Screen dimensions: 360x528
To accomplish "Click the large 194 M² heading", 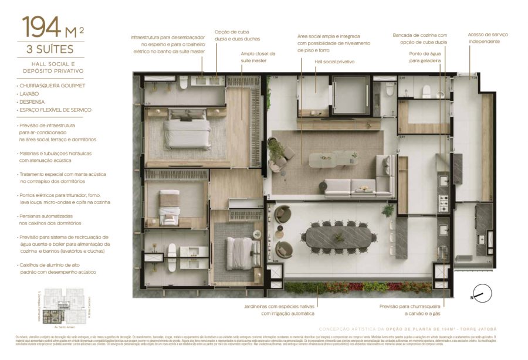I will pyautogui.click(x=52, y=27).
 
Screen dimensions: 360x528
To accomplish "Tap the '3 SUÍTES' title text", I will pyautogui.click(x=52, y=50).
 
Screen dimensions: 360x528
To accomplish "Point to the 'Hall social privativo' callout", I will pyautogui.click(x=334, y=62).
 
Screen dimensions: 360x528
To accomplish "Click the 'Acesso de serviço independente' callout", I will pyautogui.click(x=488, y=38).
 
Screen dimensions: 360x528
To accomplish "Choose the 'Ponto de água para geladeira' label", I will pyautogui.click(x=425, y=57).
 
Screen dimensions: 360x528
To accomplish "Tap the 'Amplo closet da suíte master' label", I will pyautogui.click(x=258, y=57).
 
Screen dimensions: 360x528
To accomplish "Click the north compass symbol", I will pyautogui.click(x=482, y=293).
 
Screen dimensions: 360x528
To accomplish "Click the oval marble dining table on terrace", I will pyautogui.click(x=339, y=237).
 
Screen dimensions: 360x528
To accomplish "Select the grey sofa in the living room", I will pyautogui.click(x=358, y=186).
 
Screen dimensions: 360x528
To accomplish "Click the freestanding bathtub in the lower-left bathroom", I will pyautogui.click(x=172, y=257).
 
